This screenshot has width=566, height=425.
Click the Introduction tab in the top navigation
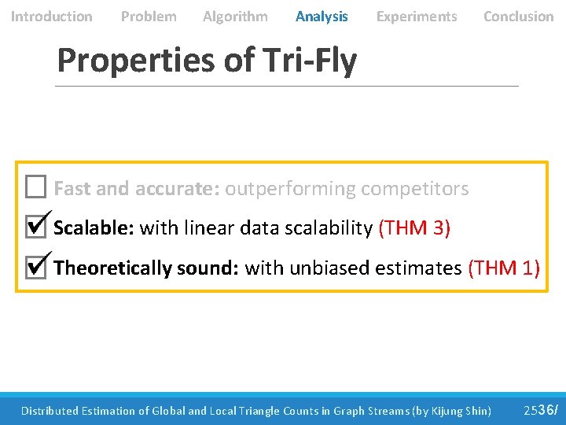pos(51,17)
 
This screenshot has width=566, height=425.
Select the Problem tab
pos(149,17)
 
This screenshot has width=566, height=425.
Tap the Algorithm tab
pos(235,17)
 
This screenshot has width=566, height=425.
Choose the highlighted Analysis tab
pos(322,17)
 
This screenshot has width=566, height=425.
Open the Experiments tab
pos(417,17)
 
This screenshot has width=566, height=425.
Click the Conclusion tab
pos(518,17)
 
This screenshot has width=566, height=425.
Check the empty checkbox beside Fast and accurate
pos(35,187)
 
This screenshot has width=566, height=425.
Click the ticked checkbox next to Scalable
pos(35,227)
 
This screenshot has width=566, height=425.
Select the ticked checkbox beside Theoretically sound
pos(35,268)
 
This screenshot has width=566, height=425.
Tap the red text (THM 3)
pos(414,228)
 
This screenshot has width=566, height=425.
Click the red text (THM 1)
pos(504,268)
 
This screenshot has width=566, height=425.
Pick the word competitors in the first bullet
pos(414,189)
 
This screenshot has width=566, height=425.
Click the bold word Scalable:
pos(94,228)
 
